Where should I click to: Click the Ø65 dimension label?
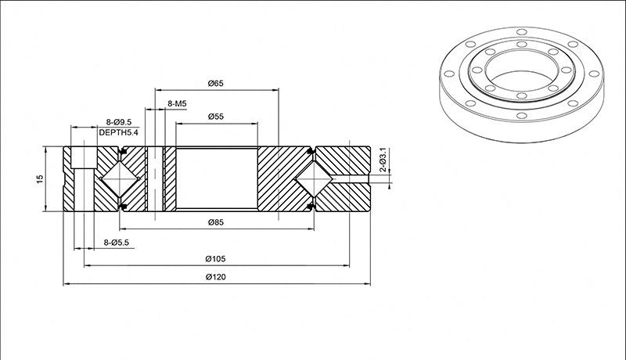(x=216, y=84)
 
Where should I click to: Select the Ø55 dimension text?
(x=216, y=117)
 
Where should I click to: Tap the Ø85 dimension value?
(x=216, y=222)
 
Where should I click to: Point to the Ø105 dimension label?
(x=216, y=258)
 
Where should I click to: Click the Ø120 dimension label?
(x=216, y=277)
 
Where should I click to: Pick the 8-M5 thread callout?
(x=177, y=104)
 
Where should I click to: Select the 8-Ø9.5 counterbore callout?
(x=119, y=122)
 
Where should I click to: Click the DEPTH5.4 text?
(x=119, y=132)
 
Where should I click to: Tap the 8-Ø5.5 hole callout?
(x=116, y=243)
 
